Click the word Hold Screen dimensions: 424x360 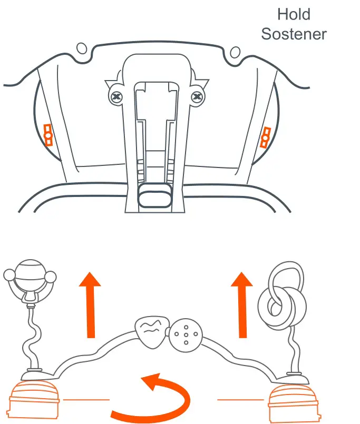294,14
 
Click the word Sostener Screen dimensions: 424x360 294,34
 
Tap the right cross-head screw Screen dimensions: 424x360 197,97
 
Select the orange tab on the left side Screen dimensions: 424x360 48,135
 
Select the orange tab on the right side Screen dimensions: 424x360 265,137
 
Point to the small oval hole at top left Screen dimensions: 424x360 82,48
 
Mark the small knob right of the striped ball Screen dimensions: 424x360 51,276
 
